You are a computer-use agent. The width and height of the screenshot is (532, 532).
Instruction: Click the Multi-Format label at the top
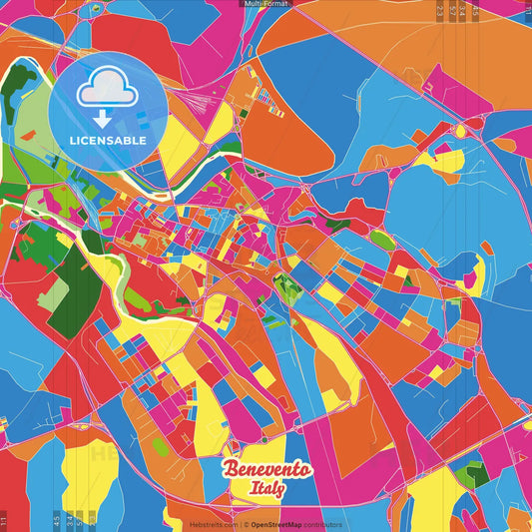click(266, 4)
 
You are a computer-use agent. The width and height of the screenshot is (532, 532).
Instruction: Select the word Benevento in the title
click(266, 470)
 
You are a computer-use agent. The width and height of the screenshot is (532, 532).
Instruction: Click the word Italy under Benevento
click(267, 490)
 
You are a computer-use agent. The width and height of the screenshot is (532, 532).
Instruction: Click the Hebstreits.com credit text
click(213, 524)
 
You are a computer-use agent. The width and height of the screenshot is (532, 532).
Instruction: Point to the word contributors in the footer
click(322, 524)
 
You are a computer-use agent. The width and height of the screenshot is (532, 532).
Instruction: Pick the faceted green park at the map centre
click(287, 290)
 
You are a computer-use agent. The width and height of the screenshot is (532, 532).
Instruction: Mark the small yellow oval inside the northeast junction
click(460, 131)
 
